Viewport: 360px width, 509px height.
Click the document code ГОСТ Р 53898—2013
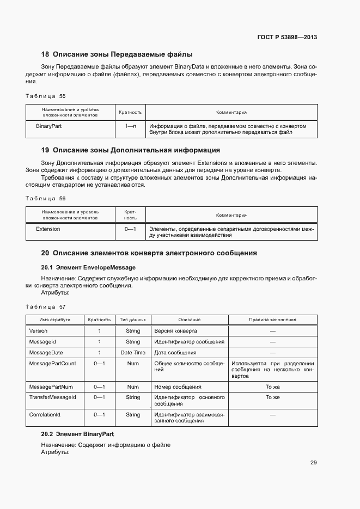(x=288, y=38)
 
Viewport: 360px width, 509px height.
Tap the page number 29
(x=313, y=463)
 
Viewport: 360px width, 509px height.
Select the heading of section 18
(x=117, y=54)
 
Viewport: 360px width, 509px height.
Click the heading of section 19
(x=131, y=150)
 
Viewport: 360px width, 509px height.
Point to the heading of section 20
(x=149, y=253)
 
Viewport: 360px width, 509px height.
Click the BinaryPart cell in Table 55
(x=48, y=126)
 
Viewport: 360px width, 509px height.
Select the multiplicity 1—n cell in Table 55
(x=130, y=126)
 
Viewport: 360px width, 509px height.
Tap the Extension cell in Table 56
(x=48, y=229)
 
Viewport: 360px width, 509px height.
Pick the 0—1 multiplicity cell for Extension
(x=130, y=229)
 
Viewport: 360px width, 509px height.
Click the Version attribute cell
(x=38, y=331)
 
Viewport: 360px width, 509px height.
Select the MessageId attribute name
(x=42, y=342)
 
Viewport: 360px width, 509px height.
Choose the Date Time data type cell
(x=133, y=353)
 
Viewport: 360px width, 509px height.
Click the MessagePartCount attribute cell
(x=52, y=364)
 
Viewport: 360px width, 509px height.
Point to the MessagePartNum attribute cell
(x=51, y=387)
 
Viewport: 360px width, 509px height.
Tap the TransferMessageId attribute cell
(x=52, y=397)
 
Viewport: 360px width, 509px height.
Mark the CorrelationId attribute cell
(x=45, y=415)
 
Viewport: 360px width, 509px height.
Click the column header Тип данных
(x=133, y=320)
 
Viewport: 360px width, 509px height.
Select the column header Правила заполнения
(x=272, y=320)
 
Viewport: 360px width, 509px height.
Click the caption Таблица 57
(x=46, y=306)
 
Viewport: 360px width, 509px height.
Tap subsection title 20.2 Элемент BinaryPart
(x=77, y=434)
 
